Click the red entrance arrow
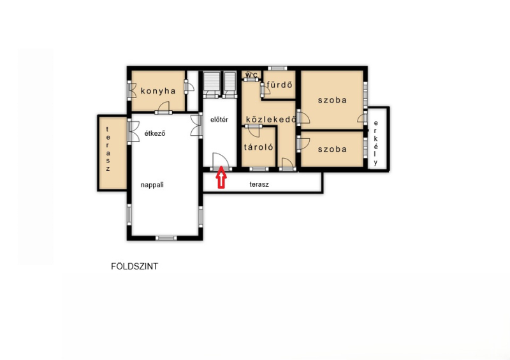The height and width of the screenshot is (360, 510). (x=221, y=177)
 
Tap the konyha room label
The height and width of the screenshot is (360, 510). (x=158, y=91)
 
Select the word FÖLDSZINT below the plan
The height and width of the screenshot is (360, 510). (x=135, y=266)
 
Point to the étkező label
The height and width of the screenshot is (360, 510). (x=155, y=133)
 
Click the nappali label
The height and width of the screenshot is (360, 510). (x=152, y=185)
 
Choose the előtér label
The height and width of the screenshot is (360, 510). (x=219, y=120)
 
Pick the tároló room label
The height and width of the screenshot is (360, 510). (x=259, y=147)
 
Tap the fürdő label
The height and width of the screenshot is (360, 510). (x=279, y=85)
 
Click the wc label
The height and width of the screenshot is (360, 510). (x=251, y=75)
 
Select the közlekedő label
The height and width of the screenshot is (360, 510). (x=271, y=119)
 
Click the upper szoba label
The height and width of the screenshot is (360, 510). (x=332, y=100)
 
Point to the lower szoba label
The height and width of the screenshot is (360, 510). (x=332, y=149)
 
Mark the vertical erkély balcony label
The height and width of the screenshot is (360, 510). (x=376, y=143)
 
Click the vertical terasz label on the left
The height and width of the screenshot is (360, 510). (x=108, y=149)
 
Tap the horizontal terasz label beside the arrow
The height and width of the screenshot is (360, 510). (x=259, y=184)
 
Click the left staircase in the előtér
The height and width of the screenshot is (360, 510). (x=212, y=84)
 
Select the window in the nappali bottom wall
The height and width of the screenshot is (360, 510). (x=166, y=238)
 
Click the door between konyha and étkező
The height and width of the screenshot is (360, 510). (x=163, y=108)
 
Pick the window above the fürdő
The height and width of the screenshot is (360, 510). (x=277, y=68)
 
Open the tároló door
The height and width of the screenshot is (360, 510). (x=254, y=130)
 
